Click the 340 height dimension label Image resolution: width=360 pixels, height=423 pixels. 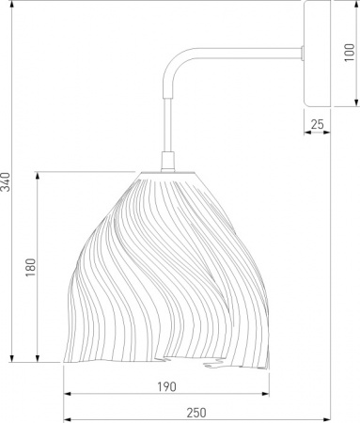6,181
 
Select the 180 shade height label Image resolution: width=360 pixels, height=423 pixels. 31,267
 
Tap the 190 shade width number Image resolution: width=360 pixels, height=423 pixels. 166,387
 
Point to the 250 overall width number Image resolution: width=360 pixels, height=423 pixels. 196,413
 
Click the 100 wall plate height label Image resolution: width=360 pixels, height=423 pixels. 350,53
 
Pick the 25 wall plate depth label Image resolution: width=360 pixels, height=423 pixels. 317,124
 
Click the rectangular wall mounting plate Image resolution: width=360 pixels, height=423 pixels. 317,54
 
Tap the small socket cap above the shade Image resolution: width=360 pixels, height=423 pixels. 168,162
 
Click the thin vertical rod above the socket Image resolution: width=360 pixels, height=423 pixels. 168,125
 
